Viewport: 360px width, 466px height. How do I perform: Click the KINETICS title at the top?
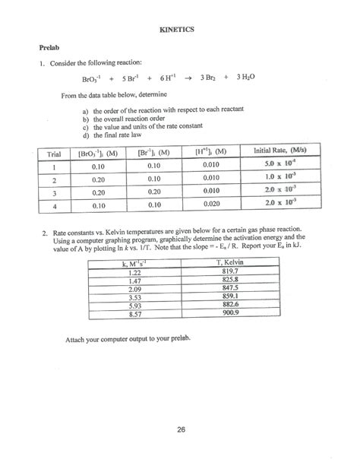pyautogui.click(x=178, y=29)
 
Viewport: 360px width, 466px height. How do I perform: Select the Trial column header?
pyautogui.click(x=52, y=152)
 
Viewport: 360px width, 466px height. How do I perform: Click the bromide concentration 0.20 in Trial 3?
pyautogui.click(x=155, y=191)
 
